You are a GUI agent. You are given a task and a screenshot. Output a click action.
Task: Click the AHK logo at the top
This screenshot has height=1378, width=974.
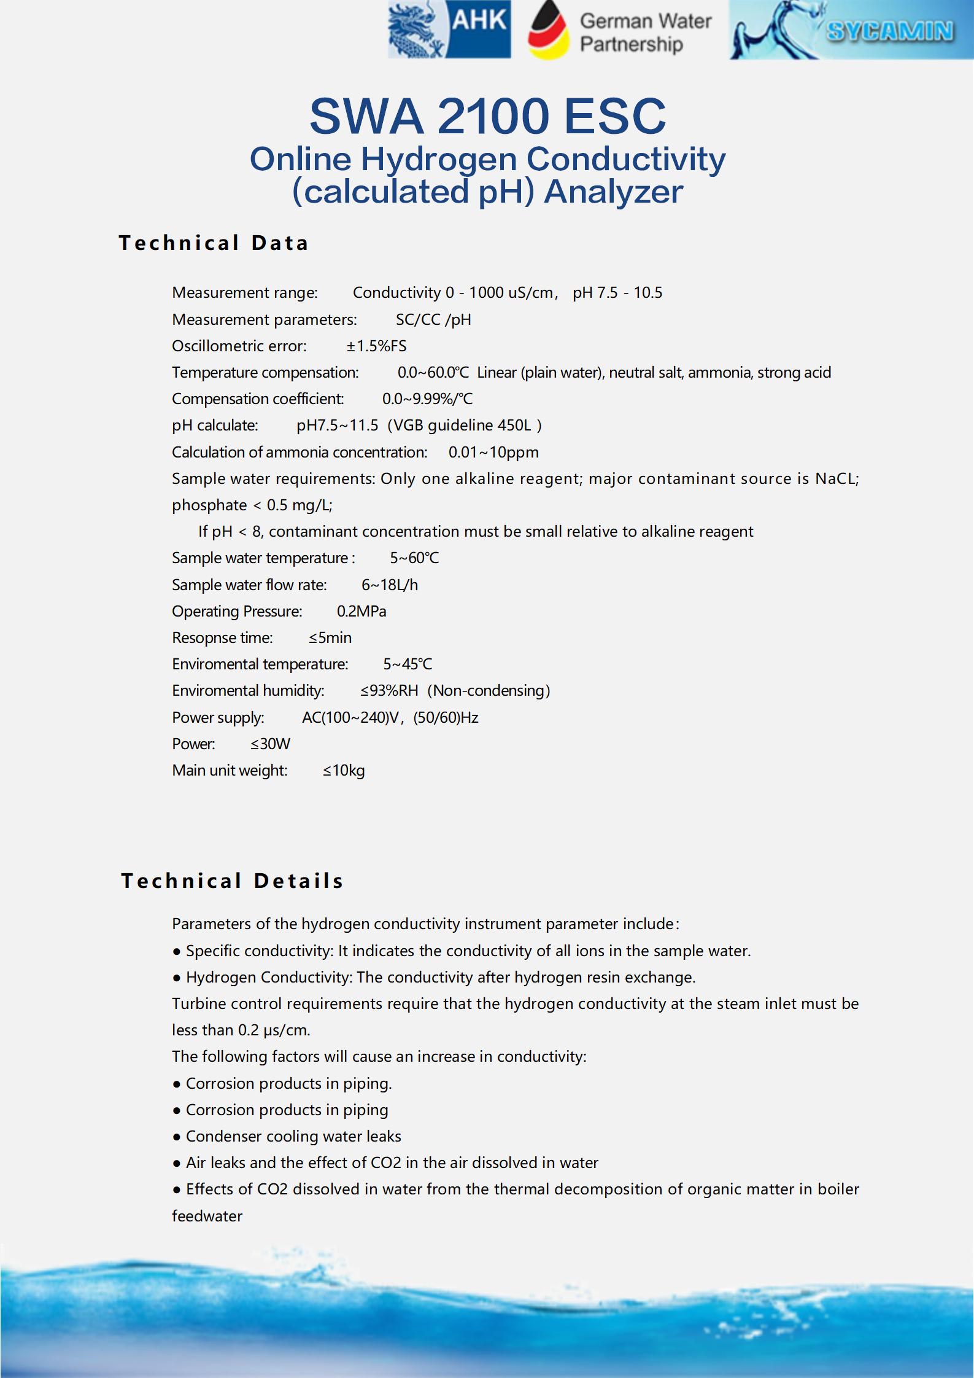449,30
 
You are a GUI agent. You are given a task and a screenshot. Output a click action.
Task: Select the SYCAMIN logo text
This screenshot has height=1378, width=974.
890,31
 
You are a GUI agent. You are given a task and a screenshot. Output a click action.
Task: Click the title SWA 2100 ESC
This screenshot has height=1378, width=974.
487,116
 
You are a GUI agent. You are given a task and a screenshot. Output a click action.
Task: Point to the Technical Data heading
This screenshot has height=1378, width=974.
214,243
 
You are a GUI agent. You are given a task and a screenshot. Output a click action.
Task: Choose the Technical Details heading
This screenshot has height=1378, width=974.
232,881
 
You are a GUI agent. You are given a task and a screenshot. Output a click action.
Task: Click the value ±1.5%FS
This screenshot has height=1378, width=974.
376,346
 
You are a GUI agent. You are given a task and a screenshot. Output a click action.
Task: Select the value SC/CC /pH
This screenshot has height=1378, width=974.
433,320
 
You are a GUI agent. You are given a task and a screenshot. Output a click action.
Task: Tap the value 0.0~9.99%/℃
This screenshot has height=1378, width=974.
427,399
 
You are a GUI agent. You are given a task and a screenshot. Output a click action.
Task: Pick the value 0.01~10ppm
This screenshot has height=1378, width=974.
493,453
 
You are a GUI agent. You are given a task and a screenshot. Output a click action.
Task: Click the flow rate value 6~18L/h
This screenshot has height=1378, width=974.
390,585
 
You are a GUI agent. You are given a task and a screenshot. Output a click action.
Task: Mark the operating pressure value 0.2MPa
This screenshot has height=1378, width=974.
361,612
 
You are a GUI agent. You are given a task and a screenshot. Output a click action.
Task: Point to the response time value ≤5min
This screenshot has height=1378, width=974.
330,638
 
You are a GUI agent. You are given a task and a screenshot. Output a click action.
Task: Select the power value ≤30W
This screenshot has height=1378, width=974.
270,744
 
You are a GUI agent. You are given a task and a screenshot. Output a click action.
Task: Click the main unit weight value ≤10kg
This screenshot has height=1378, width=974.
344,771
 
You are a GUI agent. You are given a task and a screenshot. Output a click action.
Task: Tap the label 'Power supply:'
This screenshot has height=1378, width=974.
218,718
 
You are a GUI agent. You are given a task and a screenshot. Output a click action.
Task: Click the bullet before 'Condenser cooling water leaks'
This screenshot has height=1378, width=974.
177,1137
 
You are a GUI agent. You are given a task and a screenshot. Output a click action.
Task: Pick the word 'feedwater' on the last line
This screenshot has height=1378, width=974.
207,1216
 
